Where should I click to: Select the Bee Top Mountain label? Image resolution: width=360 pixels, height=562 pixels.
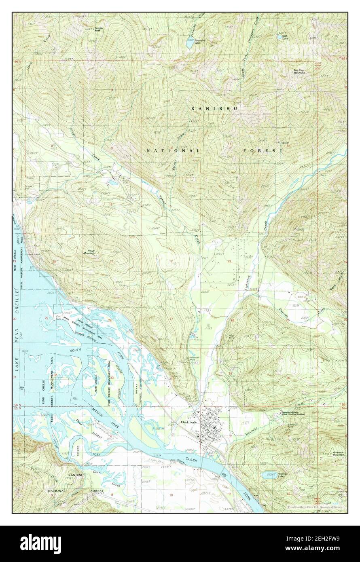tap(299, 72)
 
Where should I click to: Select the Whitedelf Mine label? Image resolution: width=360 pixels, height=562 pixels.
tap(195, 358)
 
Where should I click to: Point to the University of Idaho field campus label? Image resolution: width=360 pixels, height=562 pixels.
tap(292, 414)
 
